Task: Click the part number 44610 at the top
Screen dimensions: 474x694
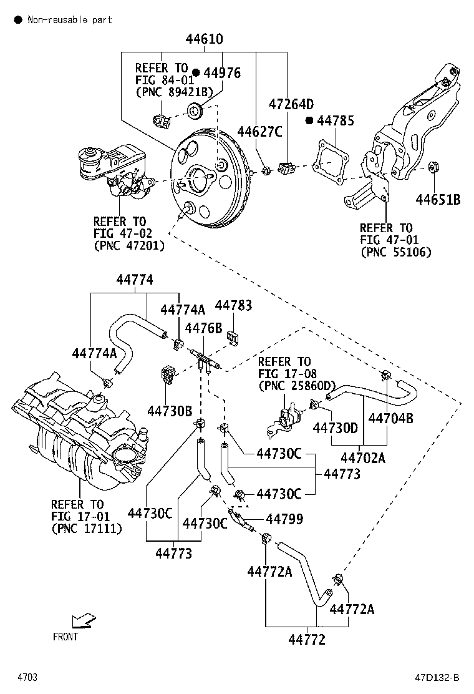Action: click(x=205, y=39)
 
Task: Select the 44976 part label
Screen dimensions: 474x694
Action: click(x=223, y=72)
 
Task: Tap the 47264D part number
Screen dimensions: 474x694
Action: click(x=291, y=104)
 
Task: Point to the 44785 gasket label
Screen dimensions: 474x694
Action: click(x=336, y=120)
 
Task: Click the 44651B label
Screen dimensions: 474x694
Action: click(x=438, y=200)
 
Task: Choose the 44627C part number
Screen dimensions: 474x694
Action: click(x=259, y=132)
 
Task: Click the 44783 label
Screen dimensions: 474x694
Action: click(x=233, y=305)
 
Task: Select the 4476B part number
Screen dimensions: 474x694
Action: click(x=203, y=328)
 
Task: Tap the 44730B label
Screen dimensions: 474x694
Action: click(x=170, y=411)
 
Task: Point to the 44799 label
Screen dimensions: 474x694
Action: click(x=284, y=519)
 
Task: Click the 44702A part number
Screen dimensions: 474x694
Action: click(x=363, y=457)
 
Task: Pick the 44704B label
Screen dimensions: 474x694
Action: click(x=391, y=418)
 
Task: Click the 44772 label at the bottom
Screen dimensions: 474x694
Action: click(x=307, y=640)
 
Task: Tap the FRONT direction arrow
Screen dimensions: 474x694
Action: click(x=84, y=620)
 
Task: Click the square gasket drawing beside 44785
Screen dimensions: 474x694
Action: click(x=330, y=162)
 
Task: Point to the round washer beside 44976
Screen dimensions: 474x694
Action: click(x=195, y=110)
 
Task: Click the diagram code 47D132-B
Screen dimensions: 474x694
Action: click(x=437, y=678)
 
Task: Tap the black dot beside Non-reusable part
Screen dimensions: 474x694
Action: click(x=18, y=19)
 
